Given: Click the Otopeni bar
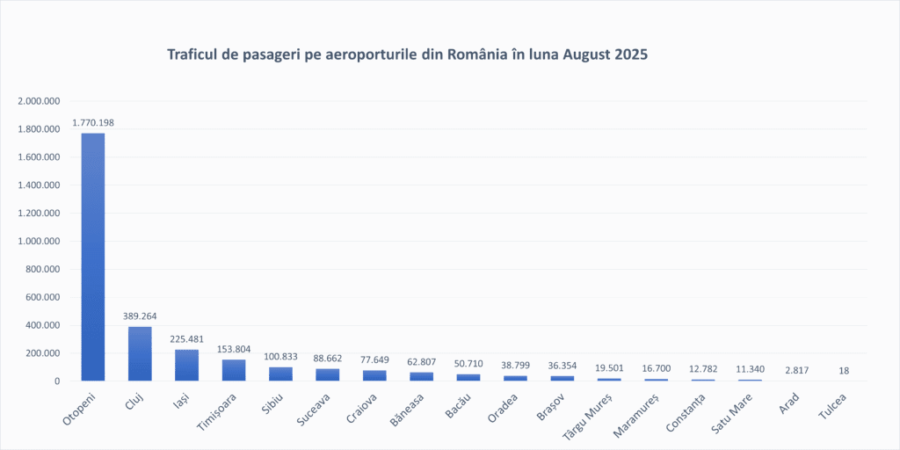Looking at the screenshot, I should pyautogui.click(x=93, y=257).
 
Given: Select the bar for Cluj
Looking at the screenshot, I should pyautogui.click(x=140, y=353).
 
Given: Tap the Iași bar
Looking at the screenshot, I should pyautogui.click(x=186, y=365).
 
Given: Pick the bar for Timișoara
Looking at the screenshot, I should pyautogui.click(x=234, y=370).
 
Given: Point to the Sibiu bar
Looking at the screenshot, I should pyautogui.click(x=280, y=374).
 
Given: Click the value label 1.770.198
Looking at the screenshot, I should pyautogui.click(x=93, y=122).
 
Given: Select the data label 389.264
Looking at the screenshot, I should pyautogui.click(x=140, y=316).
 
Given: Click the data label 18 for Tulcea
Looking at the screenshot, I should pyautogui.click(x=844, y=370).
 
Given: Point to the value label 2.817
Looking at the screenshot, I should pyautogui.click(x=796, y=370).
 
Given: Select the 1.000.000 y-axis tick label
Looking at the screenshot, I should pyautogui.click(x=39, y=241).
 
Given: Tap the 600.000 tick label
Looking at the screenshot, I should pyautogui.click(x=42, y=297).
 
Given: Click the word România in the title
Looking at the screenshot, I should pyautogui.click(x=477, y=54).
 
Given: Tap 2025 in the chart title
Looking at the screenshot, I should pyautogui.click(x=630, y=54).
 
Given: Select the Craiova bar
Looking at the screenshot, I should pyautogui.click(x=374, y=375).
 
